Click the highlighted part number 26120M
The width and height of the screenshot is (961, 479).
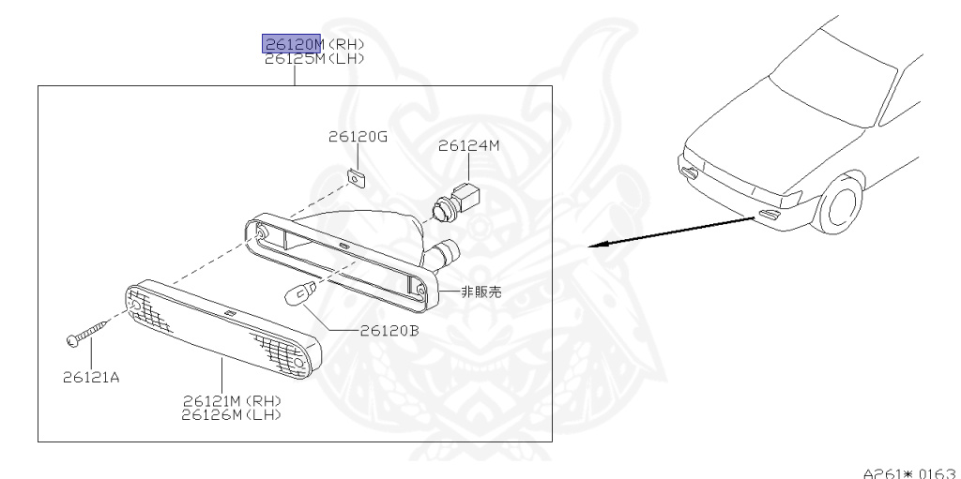(x=291, y=44)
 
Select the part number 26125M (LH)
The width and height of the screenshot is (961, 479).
(x=313, y=58)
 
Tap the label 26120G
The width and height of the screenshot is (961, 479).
(x=358, y=137)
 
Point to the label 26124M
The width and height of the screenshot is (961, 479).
(x=469, y=145)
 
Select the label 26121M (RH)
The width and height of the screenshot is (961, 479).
(x=234, y=400)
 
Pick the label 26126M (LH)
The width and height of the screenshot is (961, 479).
(x=234, y=413)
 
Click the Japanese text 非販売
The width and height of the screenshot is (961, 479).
(x=482, y=292)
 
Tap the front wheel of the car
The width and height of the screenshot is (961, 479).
(x=841, y=207)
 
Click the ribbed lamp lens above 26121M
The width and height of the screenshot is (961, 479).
(x=223, y=327)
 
